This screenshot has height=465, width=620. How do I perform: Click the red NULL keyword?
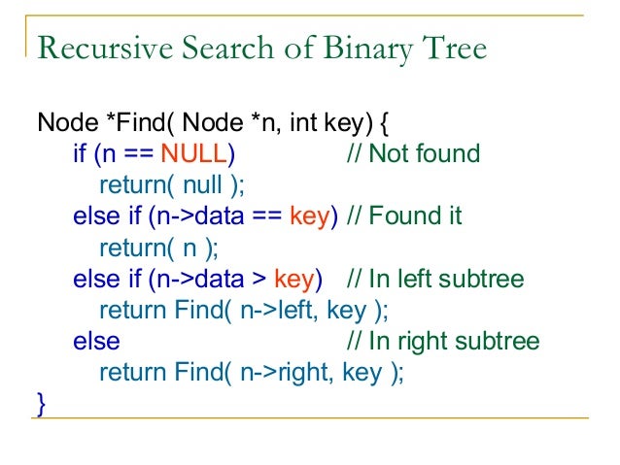pos(193,153)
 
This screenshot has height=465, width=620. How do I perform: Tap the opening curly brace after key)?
pos(386,123)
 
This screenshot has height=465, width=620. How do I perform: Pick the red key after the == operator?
pos(311,216)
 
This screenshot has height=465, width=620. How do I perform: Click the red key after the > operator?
pos(294,280)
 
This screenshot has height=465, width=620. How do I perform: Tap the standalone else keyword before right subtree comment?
pos(96,342)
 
